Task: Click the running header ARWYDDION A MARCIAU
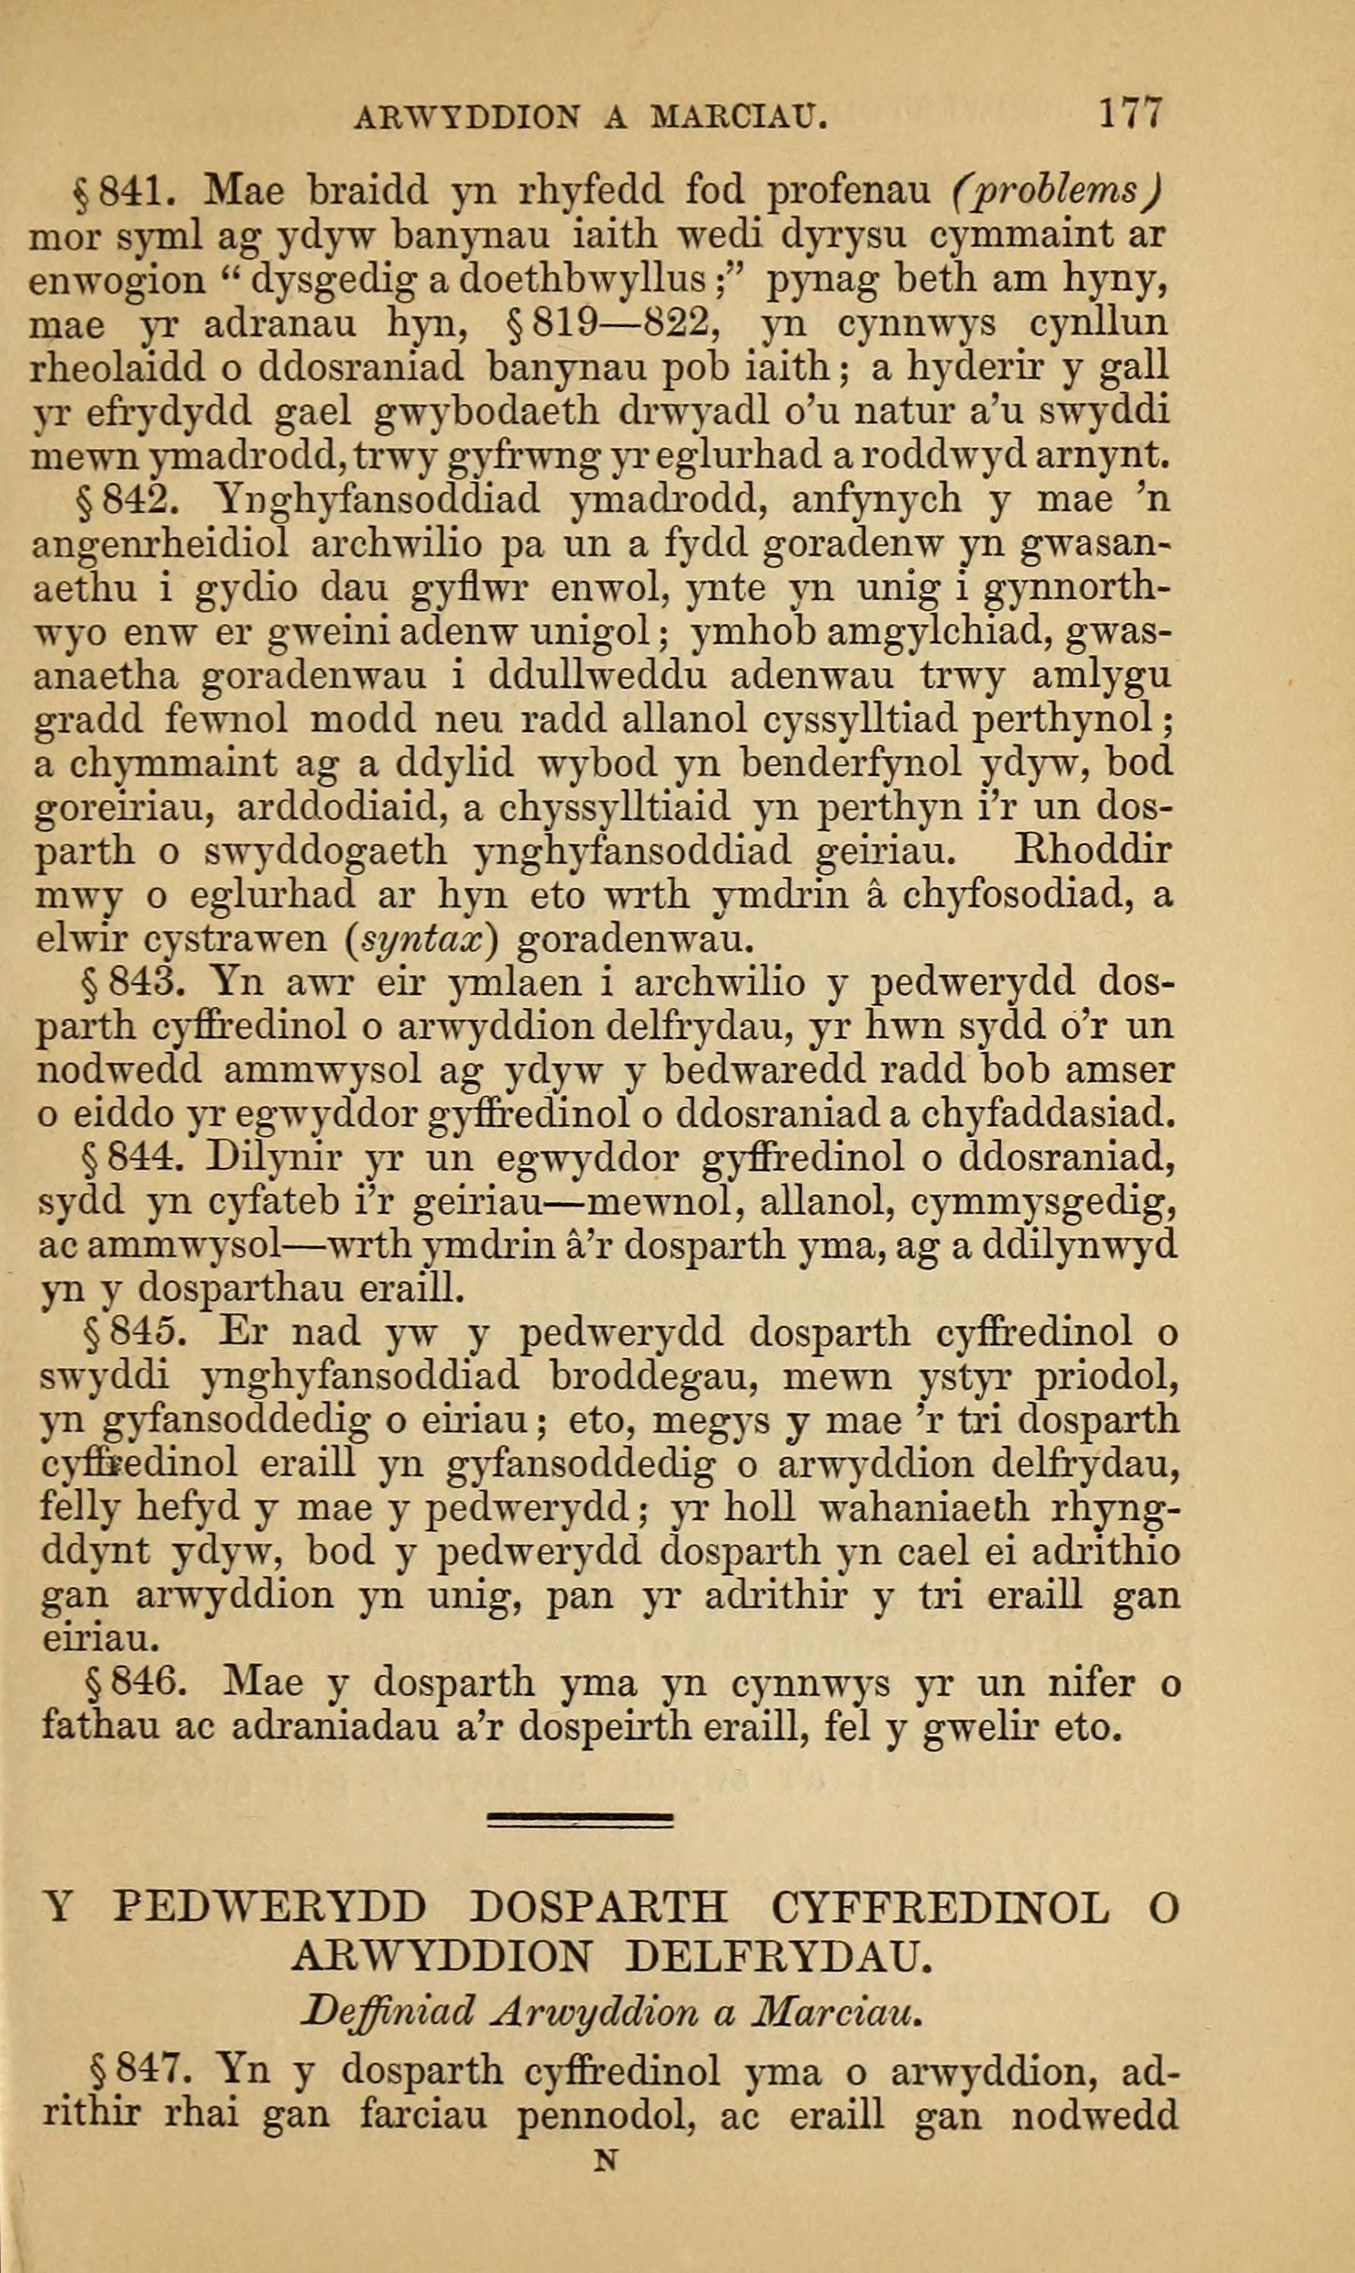click(590, 118)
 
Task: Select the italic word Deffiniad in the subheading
click(390, 1996)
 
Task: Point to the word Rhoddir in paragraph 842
click(1093, 851)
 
